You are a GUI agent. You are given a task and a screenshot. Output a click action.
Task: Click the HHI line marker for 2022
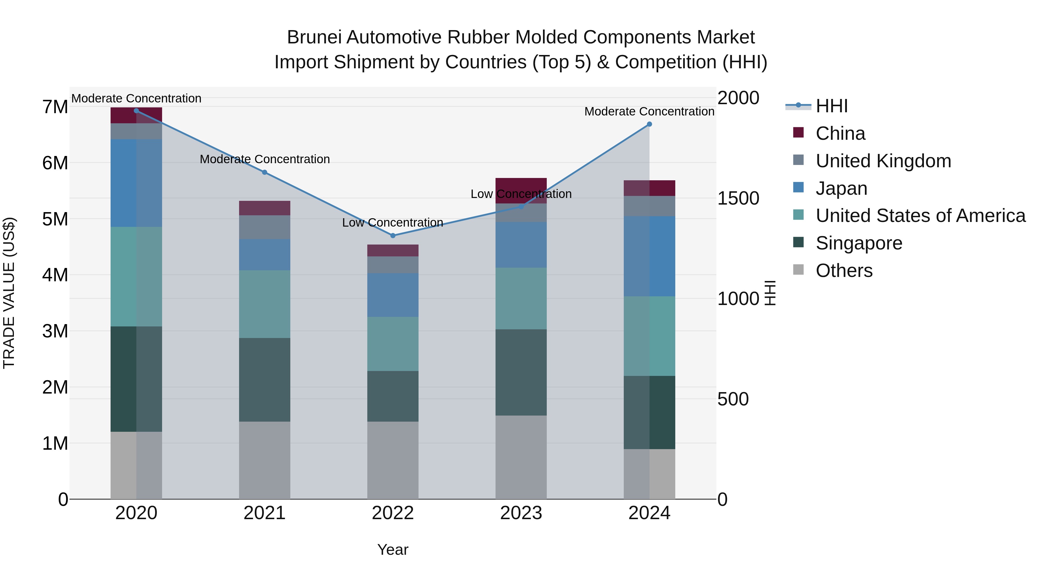(x=393, y=235)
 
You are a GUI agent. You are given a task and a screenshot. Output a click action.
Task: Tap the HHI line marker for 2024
(x=649, y=124)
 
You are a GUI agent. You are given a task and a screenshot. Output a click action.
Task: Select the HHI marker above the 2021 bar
(x=265, y=172)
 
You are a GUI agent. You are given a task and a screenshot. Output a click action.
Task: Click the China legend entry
(x=840, y=133)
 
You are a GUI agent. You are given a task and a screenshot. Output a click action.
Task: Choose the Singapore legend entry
(x=859, y=243)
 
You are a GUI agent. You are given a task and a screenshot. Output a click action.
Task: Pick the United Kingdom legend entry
(x=883, y=161)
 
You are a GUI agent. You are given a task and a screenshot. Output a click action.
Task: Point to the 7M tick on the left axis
(x=55, y=107)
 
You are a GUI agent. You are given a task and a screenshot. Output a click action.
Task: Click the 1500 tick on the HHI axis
(x=738, y=198)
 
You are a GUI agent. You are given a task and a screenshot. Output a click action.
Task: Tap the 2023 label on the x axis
(x=521, y=513)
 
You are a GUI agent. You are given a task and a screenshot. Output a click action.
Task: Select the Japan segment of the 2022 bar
(x=393, y=295)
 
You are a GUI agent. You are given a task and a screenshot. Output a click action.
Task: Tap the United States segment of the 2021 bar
(x=265, y=304)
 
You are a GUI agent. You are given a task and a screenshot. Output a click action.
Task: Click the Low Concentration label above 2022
(x=393, y=223)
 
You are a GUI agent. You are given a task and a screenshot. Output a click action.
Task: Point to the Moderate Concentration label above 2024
(x=649, y=111)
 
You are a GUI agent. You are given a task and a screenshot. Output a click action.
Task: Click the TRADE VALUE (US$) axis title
(x=9, y=293)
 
